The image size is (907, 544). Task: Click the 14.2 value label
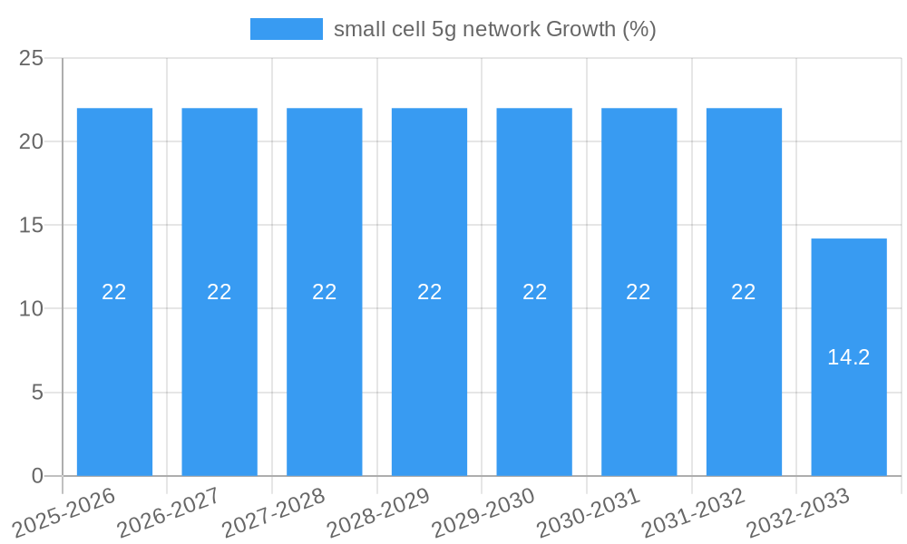[x=849, y=357]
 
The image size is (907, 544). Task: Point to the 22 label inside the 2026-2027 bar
[x=219, y=292]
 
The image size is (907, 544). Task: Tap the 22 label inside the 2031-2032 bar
[x=744, y=292]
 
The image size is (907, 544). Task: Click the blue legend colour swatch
[x=287, y=29]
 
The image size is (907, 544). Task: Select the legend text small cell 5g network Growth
[x=494, y=29]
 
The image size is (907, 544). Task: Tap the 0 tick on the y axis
[x=37, y=476]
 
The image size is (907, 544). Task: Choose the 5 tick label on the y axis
[x=37, y=393]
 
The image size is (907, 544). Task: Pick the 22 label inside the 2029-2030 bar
[x=534, y=292]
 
